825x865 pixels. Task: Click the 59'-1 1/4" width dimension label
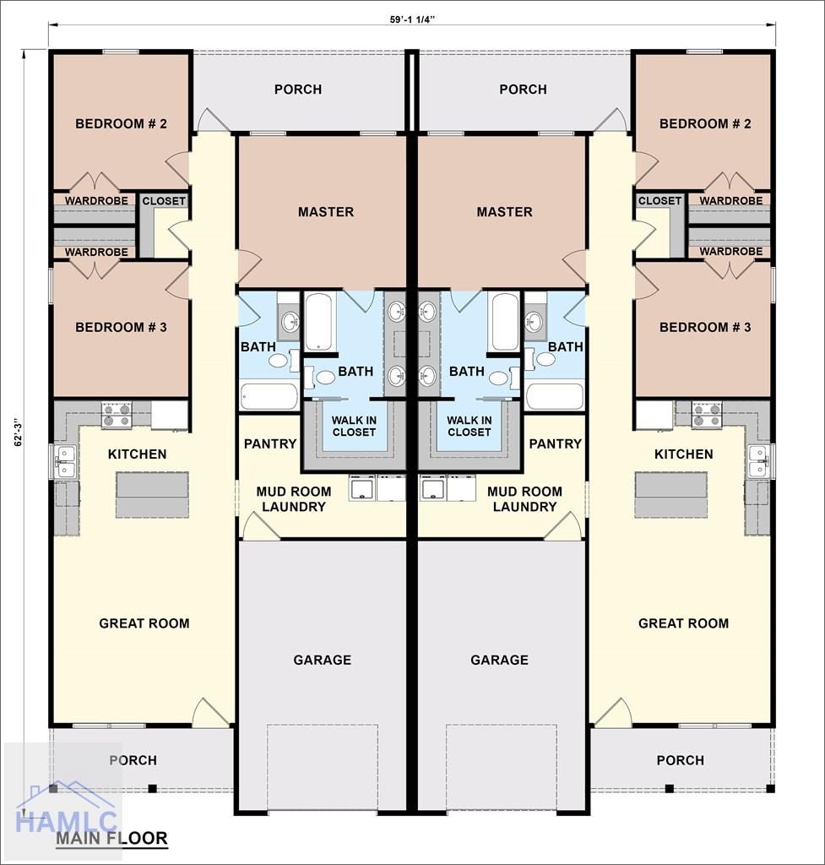412,19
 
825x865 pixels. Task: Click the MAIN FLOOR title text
111,839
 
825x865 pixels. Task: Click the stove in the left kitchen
117,415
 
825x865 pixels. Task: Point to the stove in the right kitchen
707,415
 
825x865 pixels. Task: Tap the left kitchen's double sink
66,462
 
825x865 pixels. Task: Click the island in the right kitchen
670,494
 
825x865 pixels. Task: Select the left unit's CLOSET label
164,201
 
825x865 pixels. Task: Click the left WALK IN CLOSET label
354,427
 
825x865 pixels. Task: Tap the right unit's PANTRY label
556,443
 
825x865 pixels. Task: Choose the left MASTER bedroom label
326,212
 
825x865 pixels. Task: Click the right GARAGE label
500,660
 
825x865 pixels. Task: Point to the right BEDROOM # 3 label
705,327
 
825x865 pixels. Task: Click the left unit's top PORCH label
298,90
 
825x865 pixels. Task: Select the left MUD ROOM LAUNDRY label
294,498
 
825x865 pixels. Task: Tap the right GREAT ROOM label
684,623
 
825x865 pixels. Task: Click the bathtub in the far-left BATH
269,396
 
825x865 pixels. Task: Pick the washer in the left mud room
363,488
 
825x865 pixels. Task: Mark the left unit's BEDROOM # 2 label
122,123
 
